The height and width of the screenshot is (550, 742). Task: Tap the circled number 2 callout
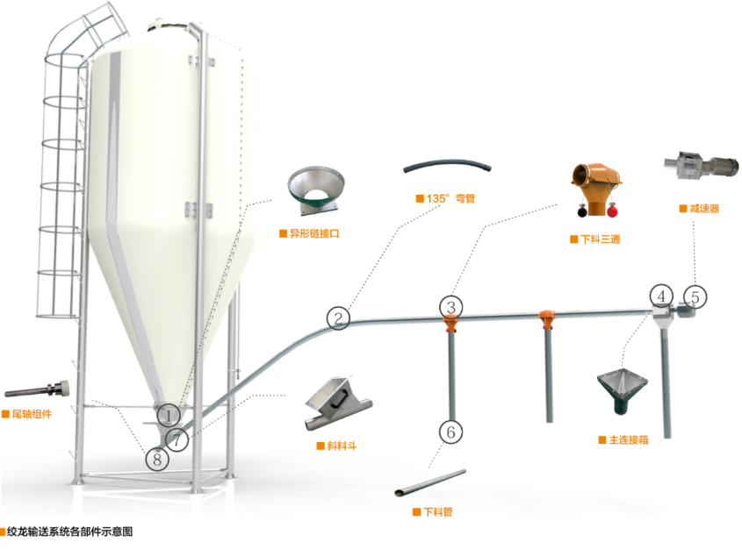tap(340, 316)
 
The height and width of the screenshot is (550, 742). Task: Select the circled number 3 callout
tap(450, 306)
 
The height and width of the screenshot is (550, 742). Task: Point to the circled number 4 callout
tap(660, 296)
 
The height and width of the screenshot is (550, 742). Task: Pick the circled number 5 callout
tap(695, 296)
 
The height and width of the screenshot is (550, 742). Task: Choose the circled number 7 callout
tap(178, 438)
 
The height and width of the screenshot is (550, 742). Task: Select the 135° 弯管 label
tap(448, 198)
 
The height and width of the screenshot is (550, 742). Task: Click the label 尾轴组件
tap(33, 414)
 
